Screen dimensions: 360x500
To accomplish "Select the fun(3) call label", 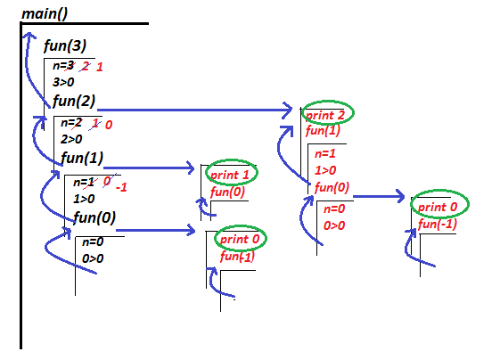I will [65, 46].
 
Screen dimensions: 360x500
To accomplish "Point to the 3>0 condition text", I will [63, 81].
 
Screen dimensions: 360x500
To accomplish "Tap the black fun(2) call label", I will [75, 101].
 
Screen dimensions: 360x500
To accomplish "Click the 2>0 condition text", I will [71, 138].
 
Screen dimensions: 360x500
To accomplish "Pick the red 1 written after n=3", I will [100, 67].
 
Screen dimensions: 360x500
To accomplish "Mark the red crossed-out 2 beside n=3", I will [86, 66].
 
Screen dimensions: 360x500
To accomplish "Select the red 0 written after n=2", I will [109, 124].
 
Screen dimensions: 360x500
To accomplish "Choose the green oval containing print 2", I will [327, 114].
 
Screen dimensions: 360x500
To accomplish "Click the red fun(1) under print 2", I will [322, 131].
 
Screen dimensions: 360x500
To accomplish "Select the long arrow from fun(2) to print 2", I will [196, 110].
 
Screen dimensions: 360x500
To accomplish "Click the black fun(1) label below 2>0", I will [83, 159].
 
